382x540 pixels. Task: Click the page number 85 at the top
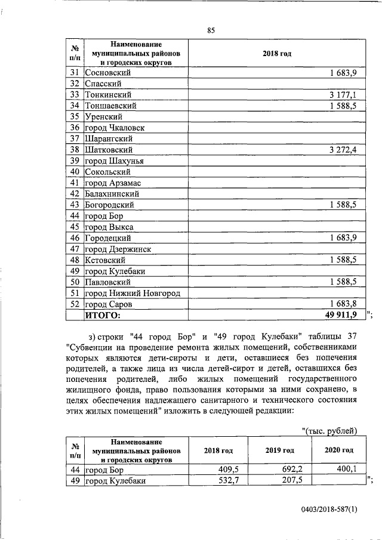(x=210, y=31)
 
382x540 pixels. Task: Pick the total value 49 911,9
(x=339, y=314)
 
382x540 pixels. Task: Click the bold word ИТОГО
(x=103, y=314)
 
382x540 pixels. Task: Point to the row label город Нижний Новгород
(x=133, y=293)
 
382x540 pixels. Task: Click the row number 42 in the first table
(x=75, y=194)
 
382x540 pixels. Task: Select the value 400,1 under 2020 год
(x=344, y=470)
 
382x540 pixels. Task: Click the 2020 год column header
(x=338, y=450)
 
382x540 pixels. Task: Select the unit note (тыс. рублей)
(x=330, y=431)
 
